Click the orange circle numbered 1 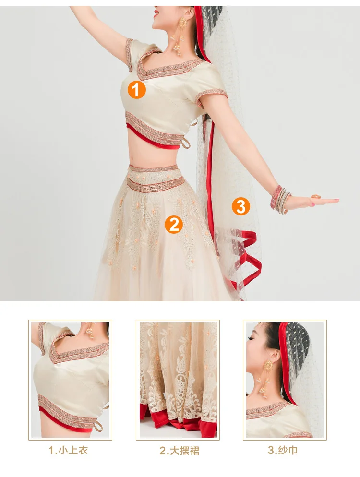click(x=136, y=89)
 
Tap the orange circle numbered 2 click(x=173, y=225)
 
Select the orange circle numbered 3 click(x=240, y=206)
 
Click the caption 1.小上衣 click(x=69, y=450)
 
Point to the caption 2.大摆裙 click(x=180, y=451)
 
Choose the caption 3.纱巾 click(x=283, y=450)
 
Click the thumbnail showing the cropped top click(x=70, y=380)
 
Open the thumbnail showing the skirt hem click(x=178, y=380)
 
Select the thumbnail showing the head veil click(x=285, y=380)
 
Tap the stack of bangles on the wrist click(x=281, y=200)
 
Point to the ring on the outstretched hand click(x=316, y=196)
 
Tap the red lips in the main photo click(x=156, y=13)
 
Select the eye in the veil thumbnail click(x=251, y=338)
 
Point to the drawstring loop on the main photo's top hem click(x=186, y=144)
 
